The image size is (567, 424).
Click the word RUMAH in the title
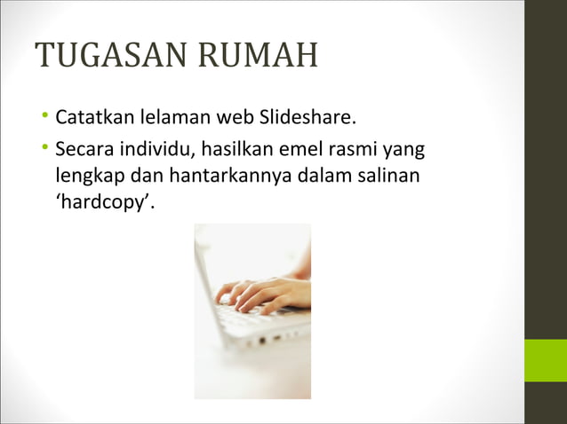pyautogui.click(x=258, y=57)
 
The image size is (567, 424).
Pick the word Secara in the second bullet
pyautogui.click(x=80, y=149)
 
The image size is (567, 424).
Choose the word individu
pyautogui.click(x=145, y=149)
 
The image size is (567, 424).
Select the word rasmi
pyautogui.click(x=333, y=149)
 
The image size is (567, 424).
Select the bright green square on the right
pyautogui.click(x=545, y=360)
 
